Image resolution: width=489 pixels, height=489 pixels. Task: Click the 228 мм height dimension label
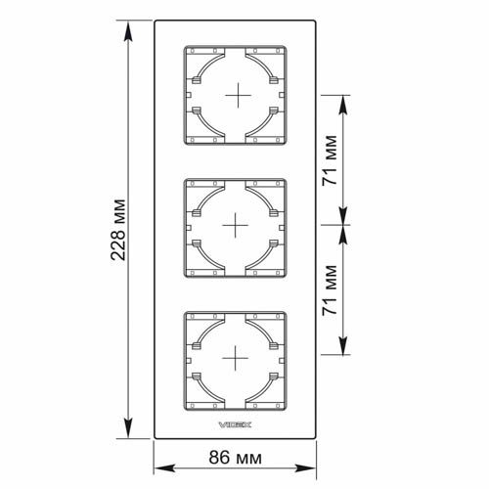(x=117, y=230)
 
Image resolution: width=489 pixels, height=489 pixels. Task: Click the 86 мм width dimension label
(x=235, y=458)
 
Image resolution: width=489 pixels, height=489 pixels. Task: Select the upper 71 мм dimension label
(x=330, y=160)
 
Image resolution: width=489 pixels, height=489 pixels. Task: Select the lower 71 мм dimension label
(x=330, y=290)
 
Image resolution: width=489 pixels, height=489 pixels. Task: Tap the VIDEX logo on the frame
(x=235, y=424)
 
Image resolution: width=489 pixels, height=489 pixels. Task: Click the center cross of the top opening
(x=239, y=95)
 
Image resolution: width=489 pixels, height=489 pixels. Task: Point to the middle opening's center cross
(x=235, y=225)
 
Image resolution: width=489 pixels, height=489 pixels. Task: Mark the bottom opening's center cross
(x=235, y=358)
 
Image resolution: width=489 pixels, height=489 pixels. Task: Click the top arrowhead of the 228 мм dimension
(x=128, y=31)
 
